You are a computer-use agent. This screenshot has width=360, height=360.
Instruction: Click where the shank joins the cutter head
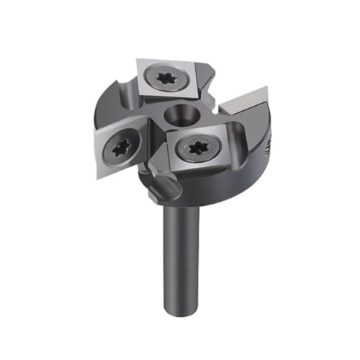tap(184, 207)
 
